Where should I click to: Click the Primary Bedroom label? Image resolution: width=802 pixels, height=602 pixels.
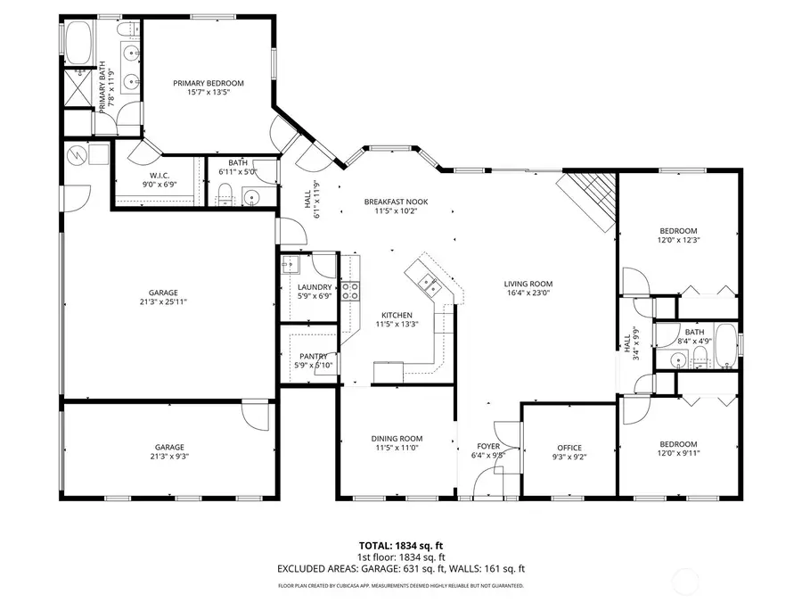pyautogui.click(x=208, y=83)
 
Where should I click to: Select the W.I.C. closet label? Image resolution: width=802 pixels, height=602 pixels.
pyautogui.click(x=160, y=176)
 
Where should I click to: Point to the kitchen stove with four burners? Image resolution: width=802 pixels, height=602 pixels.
pyautogui.click(x=350, y=290)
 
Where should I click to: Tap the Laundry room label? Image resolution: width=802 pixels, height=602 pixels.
pyautogui.click(x=314, y=286)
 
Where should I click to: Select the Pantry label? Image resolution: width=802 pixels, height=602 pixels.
pyautogui.click(x=314, y=356)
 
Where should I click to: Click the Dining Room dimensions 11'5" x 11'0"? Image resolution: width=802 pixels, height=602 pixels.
pyautogui.click(x=397, y=449)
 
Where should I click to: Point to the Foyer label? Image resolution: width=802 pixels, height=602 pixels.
pyautogui.click(x=487, y=445)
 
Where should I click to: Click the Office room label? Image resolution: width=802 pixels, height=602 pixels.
pyautogui.click(x=569, y=448)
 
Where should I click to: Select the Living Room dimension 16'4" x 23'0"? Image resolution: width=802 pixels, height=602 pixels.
pyautogui.click(x=528, y=293)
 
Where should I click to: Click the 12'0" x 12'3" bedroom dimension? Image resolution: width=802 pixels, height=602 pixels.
pyautogui.click(x=678, y=240)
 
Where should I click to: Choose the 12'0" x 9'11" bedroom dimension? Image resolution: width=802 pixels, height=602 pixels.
pyautogui.click(x=678, y=454)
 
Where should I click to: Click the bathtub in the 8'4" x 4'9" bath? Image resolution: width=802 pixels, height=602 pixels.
pyautogui.click(x=725, y=349)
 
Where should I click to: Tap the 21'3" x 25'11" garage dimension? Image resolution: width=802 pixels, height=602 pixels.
pyautogui.click(x=163, y=301)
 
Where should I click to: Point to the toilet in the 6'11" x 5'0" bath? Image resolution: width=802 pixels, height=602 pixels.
pyautogui.click(x=226, y=195)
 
